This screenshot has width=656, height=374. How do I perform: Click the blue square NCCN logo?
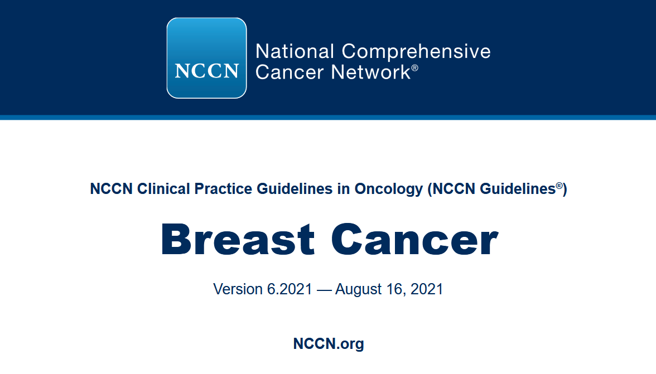point(206,58)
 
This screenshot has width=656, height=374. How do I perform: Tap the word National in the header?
point(295,51)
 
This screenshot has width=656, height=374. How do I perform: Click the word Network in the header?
point(370,72)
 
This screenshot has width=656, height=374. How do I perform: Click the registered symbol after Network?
point(414,67)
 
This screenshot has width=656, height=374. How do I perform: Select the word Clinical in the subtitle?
point(163,189)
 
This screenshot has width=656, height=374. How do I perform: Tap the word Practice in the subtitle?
point(223,189)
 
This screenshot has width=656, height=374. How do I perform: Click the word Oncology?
point(389,190)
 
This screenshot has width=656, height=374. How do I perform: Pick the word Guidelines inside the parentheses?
point(518,189)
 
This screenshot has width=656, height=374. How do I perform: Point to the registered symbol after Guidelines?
point(559,186)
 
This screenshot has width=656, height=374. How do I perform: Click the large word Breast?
point(237,239)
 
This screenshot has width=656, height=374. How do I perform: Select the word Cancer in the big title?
point(414,239)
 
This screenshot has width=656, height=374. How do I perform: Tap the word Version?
point(238,289)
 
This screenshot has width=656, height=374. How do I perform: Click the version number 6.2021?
point(290,289)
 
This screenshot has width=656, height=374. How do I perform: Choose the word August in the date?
point(359,290)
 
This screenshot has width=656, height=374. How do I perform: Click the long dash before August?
point(324,290)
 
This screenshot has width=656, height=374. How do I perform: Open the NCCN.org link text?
point(329,344)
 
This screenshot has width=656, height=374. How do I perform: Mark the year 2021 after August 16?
point(426,289)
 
